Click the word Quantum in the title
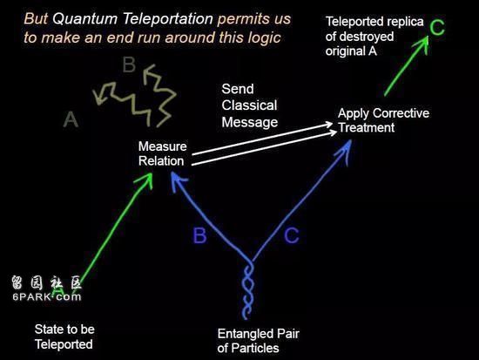[84, 18]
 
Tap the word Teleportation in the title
[168, 18]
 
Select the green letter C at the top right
[437, 27]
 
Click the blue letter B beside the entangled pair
[199, 235]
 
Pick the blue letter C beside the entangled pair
[292, 235]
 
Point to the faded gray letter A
[71, 119]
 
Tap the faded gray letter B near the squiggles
[129, 65]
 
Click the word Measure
[163, 146]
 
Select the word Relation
[161, 161]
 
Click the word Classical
[249, 105]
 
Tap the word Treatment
[367, 127]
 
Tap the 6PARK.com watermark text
[47, 296]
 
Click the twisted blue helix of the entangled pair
[247, 289]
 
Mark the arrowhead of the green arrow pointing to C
[422, 44]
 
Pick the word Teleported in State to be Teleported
[64, 344]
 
